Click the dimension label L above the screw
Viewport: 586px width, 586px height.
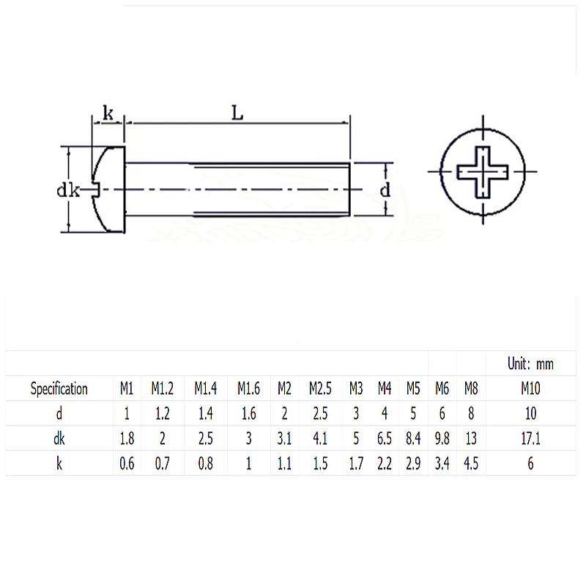(x=237, y=113)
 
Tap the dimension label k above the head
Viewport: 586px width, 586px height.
(x=108, y=113)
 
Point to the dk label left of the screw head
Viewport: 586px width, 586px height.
(x=68, y=190)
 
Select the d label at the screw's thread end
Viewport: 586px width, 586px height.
(x=385, y=190)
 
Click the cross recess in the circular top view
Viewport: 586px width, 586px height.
(x=483, y=172)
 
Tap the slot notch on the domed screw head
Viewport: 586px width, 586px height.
(x=96, y=189)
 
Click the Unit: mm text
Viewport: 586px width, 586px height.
(x=530, y=363)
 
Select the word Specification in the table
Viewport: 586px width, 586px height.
(x=59, y=389)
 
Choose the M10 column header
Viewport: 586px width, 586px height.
(x=530, y=388)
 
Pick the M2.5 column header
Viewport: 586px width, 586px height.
(x=320, y=388)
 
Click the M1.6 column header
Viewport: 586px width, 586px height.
(x=248, y=388)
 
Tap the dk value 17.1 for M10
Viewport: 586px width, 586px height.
(x=530, y=438)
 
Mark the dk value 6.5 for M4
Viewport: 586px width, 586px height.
(x=385, y=438)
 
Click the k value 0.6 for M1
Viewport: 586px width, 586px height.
(x=127, y=464)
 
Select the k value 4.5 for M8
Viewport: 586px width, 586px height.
(x=471, y=464)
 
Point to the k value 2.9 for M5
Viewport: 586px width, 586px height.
(x=413, y=464)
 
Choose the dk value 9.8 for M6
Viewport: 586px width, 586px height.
(x=442, y=438)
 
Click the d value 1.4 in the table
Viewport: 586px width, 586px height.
(x=206, y=413)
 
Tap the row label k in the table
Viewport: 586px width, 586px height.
(x=59, y=464)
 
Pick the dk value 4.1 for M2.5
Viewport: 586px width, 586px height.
(x=320, y=438)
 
